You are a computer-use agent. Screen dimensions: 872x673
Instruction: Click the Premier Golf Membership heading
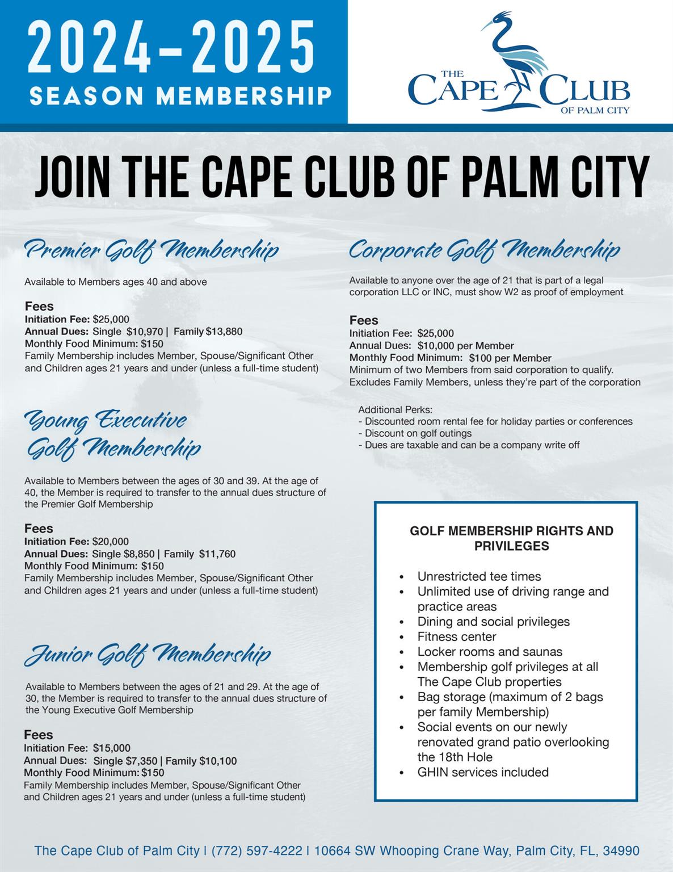tap(152, 250)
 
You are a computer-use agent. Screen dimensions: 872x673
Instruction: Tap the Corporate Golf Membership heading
tap(484, 250)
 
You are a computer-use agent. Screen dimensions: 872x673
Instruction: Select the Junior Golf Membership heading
tap(148, 655)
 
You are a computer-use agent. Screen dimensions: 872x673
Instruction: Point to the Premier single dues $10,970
tap(145, 332)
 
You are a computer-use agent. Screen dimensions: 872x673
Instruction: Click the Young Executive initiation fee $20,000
tap(111, 542)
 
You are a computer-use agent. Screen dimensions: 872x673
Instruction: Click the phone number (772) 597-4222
tap(256, 851)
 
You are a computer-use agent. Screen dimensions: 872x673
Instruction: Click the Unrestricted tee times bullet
tap(479, 576)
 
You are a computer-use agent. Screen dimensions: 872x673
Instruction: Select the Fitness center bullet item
tap(457, 636)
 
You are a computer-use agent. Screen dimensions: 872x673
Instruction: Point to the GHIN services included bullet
tap(483, 772)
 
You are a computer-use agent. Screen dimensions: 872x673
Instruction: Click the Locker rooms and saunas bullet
tap(490, 652)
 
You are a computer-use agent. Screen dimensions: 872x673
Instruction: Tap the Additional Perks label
tap(395, 410)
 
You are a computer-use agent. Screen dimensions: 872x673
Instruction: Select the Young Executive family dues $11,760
tap(217, 554)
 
